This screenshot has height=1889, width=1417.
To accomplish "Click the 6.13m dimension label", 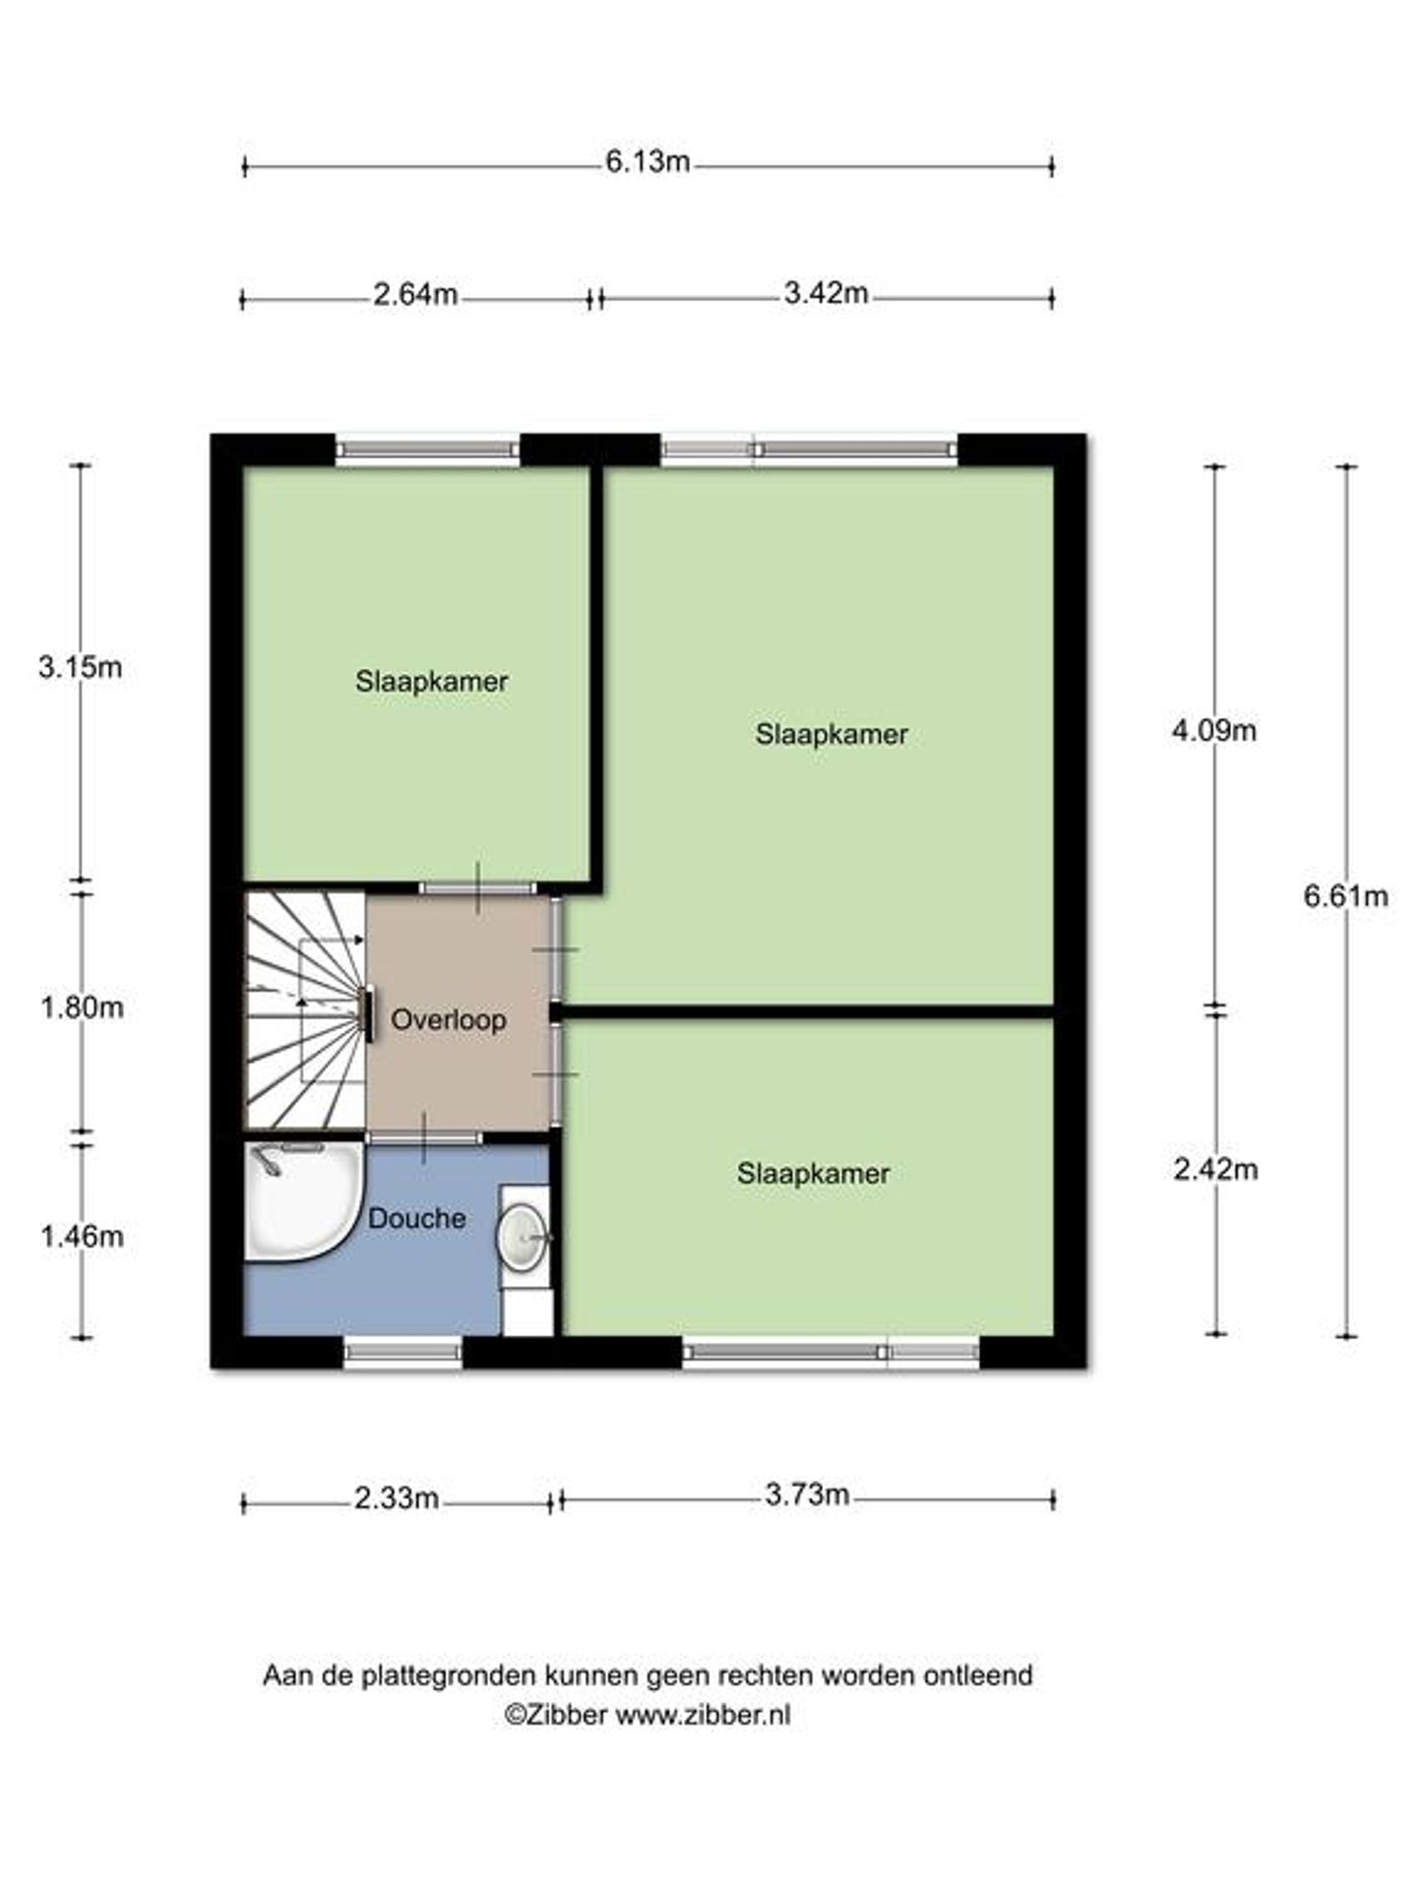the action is (647, 161).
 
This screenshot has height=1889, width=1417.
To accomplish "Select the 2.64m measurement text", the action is (415, 294).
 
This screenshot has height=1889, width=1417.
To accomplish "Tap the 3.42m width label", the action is (826, 293).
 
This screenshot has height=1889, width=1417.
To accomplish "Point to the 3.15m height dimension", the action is (81, 667).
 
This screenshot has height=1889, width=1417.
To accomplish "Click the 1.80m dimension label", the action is (82, 1007).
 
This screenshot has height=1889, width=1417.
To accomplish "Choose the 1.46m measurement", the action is (82, 1236).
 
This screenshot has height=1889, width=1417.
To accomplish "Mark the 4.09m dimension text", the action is (1214, 731).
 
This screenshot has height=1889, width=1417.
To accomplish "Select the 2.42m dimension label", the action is (1215, 1169).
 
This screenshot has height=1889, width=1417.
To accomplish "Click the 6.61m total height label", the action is (1346, 895).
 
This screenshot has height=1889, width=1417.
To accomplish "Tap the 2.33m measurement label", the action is (397, 1498).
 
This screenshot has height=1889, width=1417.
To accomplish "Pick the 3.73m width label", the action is (807, 1495).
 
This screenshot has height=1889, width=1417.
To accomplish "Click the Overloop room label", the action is (449, 1020).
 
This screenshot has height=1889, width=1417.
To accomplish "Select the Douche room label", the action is (417, 1219).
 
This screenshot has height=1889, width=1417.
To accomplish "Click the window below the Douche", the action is (402, 1352).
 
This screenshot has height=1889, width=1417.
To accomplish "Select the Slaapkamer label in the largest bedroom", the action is (832, 734).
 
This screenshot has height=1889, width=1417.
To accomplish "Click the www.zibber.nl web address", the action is (703, 1715).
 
